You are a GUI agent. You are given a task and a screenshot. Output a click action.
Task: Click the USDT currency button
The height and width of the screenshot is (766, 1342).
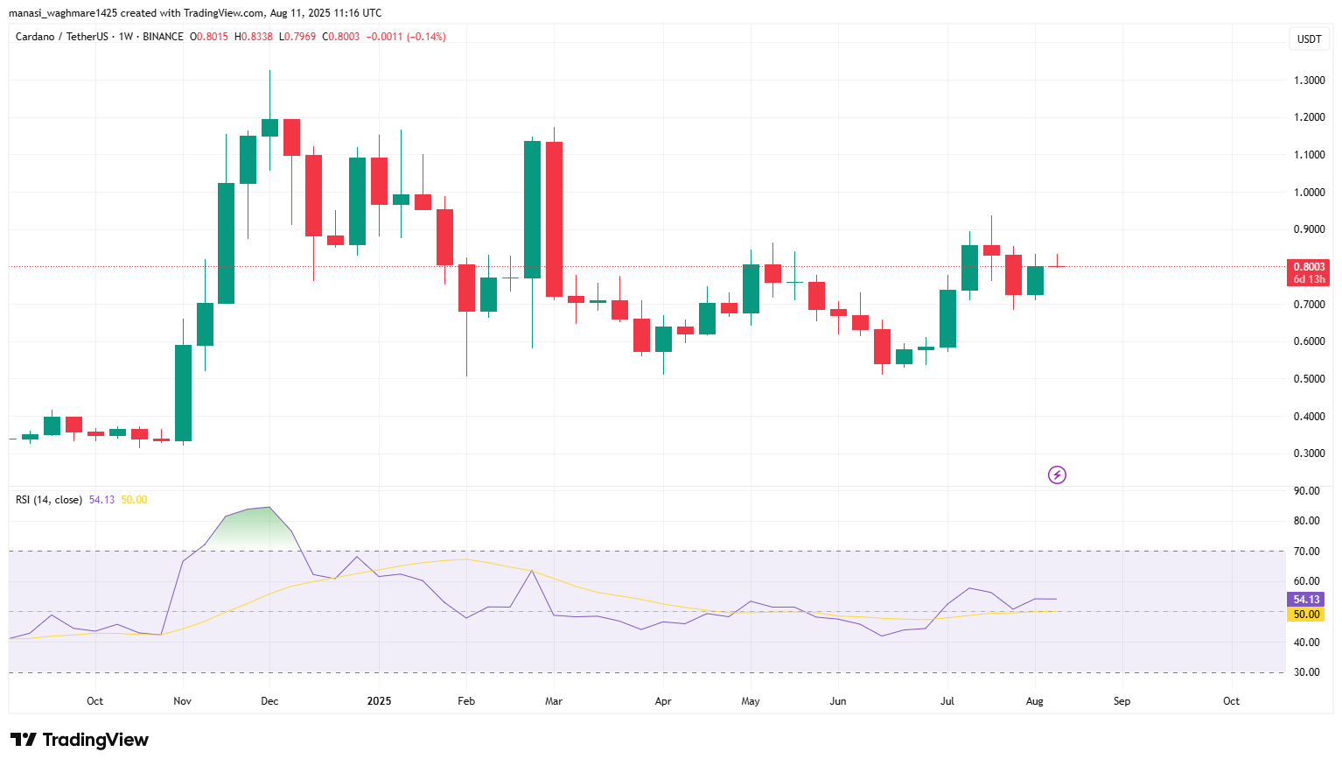click(1309, 39)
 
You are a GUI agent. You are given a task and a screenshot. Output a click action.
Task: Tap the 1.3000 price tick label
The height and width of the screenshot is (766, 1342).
click(1309, 80)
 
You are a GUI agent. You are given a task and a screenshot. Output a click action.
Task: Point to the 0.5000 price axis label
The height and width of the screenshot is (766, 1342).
click(1309, 379)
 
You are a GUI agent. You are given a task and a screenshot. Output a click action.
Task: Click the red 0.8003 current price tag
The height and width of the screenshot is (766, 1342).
click(1309, 267)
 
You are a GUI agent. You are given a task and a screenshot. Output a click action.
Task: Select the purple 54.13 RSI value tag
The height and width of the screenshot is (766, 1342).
click(1306, 600)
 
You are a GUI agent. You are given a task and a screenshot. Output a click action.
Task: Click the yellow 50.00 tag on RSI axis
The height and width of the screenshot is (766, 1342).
click(1306, 615)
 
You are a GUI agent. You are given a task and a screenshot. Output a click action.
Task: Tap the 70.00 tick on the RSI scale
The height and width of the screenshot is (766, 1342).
click(1306, 552)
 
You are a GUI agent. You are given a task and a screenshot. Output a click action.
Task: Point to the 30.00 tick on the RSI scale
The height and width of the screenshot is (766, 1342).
click(1306, 672)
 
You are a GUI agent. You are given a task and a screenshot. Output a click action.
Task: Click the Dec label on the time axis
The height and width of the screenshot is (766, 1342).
click(269, 701)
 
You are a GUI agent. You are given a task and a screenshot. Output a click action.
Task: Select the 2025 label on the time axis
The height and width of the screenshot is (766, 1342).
click(379, 701)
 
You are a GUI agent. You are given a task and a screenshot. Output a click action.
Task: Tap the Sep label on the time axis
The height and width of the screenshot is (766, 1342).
click(1122, 701)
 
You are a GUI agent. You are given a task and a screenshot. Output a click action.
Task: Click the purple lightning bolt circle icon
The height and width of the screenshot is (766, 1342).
click(1057, 475)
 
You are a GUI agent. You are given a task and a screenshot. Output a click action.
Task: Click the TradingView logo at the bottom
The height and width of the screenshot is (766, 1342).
click(80, 740)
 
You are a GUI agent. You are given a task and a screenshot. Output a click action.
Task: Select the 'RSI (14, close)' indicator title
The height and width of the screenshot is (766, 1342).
click(49, 500)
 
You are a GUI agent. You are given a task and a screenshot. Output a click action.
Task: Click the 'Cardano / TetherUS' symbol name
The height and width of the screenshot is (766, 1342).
click(62, 37)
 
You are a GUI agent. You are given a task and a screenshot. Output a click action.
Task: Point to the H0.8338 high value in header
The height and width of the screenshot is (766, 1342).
click(253, 37)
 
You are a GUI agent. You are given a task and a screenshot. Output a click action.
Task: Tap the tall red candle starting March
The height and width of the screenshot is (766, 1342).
click(554, 219)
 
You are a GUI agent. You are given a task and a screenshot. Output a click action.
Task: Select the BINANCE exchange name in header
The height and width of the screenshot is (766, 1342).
click(163, 37)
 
